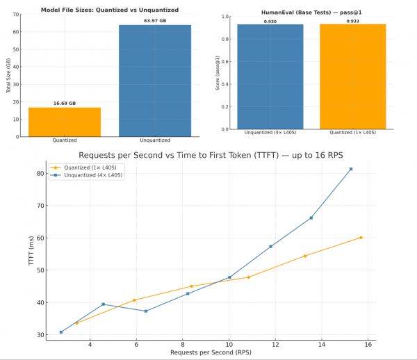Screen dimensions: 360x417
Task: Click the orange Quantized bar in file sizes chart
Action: pos(64,122)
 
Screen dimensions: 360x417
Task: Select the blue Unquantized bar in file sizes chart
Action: pos(154,80)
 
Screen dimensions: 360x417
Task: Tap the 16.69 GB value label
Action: pos(64,104)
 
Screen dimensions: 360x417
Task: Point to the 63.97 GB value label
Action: pos(154,21)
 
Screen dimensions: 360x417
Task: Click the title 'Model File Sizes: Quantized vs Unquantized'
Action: pos(109,10)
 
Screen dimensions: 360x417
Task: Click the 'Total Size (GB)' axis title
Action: pos(9,76)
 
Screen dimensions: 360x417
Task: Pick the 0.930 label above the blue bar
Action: pos(270,22)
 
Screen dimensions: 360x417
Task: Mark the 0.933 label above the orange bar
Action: pos(352,21)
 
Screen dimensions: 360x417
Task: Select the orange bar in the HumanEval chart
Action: pos(352,76)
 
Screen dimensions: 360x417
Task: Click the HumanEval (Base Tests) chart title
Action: pos(311,13)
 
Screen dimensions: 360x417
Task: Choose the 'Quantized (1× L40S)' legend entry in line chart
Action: pos(81,167)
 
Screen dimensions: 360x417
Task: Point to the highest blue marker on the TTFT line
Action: pos(351,169)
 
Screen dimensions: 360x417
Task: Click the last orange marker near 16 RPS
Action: pos(361,238)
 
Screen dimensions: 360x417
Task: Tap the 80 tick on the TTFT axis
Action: pos(41,173)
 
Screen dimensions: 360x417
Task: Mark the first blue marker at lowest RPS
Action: pos(61,332)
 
